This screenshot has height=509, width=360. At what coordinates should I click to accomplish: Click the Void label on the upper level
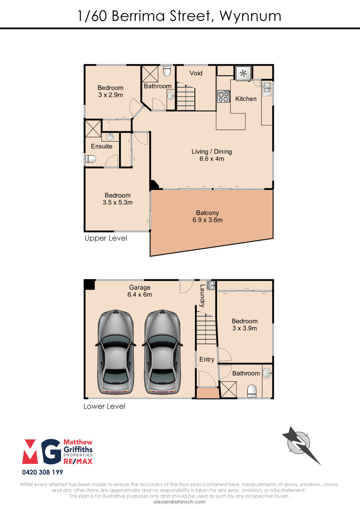196,73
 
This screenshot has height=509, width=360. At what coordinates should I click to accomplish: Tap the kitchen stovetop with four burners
224,97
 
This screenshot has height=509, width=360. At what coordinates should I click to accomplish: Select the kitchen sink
266,88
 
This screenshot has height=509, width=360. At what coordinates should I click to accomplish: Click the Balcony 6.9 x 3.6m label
208,216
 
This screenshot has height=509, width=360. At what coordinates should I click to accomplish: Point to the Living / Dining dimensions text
212,159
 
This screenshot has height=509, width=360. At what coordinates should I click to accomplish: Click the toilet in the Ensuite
90,159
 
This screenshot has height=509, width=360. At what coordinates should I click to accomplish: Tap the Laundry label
202,296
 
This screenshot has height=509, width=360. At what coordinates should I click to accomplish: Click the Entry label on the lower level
207,359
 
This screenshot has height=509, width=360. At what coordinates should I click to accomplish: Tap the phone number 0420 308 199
42,472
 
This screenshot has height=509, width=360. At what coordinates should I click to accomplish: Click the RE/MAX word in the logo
78,461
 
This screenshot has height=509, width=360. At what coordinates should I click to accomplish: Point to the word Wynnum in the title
250,16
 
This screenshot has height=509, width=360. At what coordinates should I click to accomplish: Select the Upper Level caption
106,238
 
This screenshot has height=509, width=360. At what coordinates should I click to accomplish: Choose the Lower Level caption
104,406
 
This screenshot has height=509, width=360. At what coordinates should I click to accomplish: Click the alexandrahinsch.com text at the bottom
180,502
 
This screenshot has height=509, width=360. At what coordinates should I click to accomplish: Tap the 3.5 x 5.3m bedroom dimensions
118,202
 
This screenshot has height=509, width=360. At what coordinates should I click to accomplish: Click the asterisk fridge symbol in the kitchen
244,73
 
